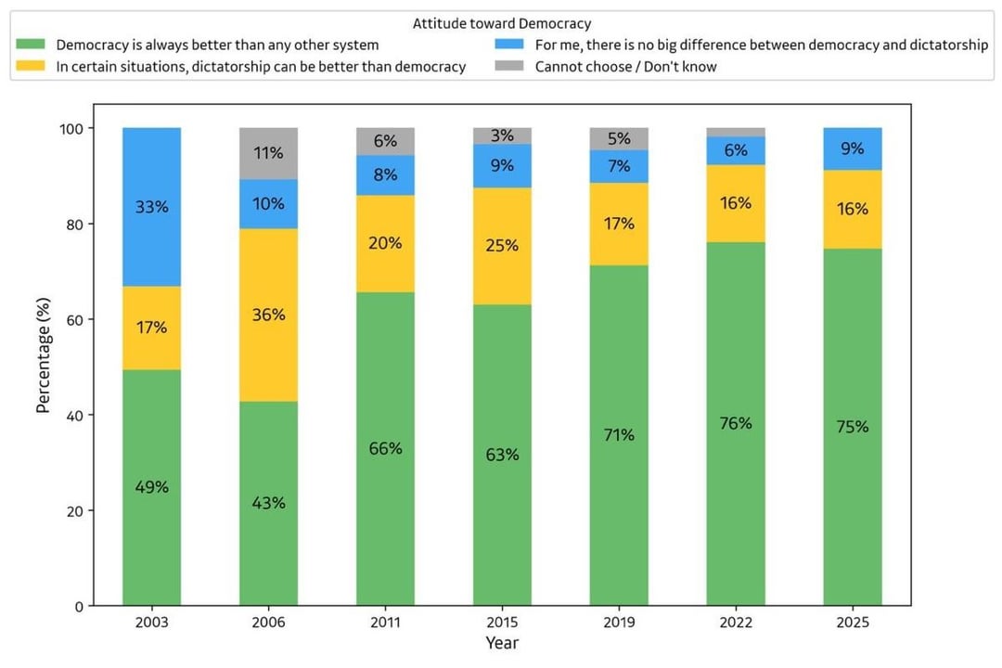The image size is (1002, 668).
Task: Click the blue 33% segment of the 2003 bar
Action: point(151,207)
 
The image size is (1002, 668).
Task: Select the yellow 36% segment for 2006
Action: point(268,315)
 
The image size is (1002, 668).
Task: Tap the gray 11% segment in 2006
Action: point(268,153)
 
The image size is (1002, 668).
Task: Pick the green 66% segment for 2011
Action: point(385,449)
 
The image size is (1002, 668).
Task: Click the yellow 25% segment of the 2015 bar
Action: point(502,246)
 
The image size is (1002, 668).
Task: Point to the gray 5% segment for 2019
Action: point(619,139)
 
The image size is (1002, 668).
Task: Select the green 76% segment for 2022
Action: point(736,424)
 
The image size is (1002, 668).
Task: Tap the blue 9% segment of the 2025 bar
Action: point(853,149)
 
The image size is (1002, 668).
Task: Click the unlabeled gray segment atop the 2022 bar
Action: point(736,133)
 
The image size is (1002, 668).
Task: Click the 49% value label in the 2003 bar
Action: point(151,487)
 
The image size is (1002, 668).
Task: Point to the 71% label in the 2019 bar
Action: point(619,435)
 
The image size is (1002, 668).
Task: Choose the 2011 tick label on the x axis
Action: point(385,623)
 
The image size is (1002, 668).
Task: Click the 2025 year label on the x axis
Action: point(853,623)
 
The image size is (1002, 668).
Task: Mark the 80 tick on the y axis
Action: point(75,225)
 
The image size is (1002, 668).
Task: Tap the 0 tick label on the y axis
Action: point(79,607)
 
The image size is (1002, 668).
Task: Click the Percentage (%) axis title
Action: point(43,355)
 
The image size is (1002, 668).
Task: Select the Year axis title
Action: point(502,643)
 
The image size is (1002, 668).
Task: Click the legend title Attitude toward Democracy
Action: point(502,23)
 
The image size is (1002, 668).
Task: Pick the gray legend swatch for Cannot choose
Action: point(508,66)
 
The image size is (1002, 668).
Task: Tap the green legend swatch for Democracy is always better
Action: point(30,45)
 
